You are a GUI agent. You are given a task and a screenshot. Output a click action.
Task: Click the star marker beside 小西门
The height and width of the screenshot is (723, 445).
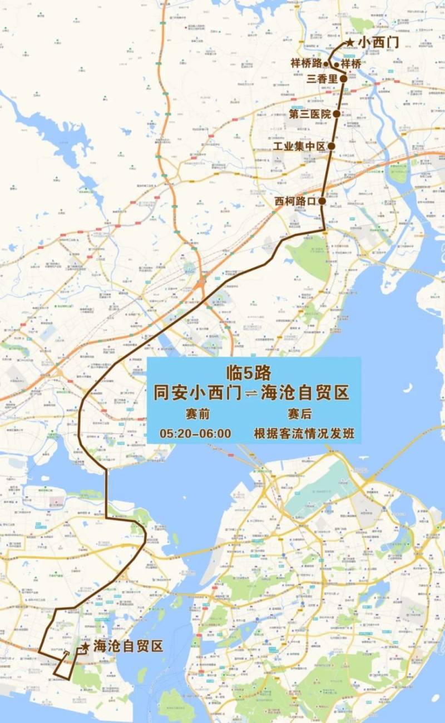349,42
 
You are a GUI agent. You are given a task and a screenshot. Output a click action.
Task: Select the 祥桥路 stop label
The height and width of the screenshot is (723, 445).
306,63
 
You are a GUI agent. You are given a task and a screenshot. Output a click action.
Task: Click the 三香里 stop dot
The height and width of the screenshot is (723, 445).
344,79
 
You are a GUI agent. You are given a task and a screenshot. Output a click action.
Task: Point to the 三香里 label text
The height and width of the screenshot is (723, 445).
322,79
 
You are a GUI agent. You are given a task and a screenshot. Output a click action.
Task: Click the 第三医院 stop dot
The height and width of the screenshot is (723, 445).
336,114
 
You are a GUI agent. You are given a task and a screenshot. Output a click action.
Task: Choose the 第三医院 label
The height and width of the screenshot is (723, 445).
310,114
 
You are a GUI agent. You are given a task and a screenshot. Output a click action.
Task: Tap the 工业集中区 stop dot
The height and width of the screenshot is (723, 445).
331,146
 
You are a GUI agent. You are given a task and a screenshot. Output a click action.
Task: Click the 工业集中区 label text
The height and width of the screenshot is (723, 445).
299,147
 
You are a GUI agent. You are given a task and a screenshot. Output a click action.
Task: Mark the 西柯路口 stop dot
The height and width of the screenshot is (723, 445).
322,201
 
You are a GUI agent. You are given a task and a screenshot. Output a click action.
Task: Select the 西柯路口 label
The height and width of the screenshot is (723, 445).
295,201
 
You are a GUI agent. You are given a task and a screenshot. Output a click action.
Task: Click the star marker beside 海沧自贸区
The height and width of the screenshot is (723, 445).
85,647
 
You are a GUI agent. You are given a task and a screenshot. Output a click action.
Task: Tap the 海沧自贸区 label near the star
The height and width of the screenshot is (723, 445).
128,647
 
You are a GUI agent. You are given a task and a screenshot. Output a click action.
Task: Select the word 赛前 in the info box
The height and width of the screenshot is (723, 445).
198,414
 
